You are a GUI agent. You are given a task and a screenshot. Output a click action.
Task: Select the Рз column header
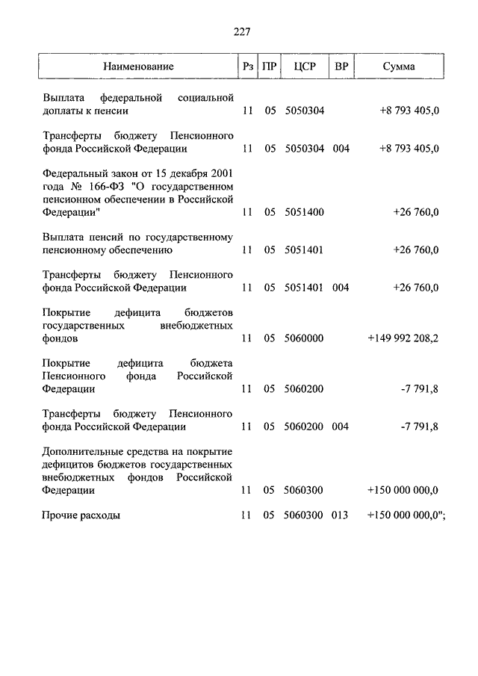pyautogui.click(x=248, y=66)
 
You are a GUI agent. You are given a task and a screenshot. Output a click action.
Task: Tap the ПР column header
pyautogui.click(x=270, y=66)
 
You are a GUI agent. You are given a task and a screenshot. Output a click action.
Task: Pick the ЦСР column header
pyautogui.click(x=305, y=66)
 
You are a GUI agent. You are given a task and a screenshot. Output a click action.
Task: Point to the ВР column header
pyautogui.click(x=341, y=66)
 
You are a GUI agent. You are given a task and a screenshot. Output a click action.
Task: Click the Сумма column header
pyautogui.click(x=399, y=66)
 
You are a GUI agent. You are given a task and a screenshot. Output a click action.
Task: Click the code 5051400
pyautogui.click(x=304, y=212)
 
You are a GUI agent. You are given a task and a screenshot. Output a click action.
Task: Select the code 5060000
pyautogui.click(x=304, y=338)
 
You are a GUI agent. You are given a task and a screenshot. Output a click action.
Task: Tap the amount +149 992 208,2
pyautogui.click(x=403, y=338)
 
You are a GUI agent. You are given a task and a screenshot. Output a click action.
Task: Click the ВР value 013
pyautogui.click(x=341, y=515)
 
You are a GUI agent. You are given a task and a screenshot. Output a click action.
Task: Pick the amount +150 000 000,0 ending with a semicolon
pyautogui.click(x=406, y=515)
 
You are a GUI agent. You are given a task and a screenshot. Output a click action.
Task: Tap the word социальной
pyautogui.click(x=206, y=98)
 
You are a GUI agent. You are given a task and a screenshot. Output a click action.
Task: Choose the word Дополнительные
pyautogui.click(x=79, y=453)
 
